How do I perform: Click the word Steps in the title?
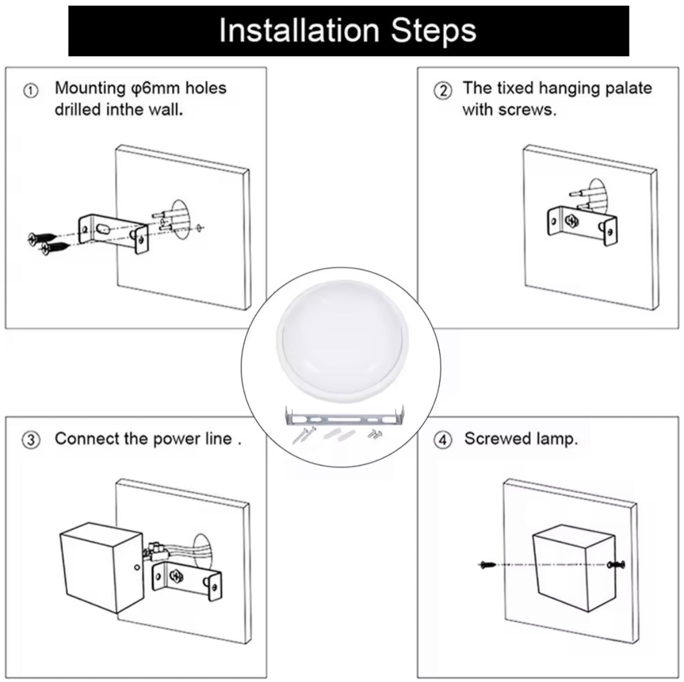[433, 31]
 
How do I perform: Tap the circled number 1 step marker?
[31, 90]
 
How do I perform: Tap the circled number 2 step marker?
[443, 90]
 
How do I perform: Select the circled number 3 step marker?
[31, 440]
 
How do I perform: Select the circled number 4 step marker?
[443, 440]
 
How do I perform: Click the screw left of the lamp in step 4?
[487, 564]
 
